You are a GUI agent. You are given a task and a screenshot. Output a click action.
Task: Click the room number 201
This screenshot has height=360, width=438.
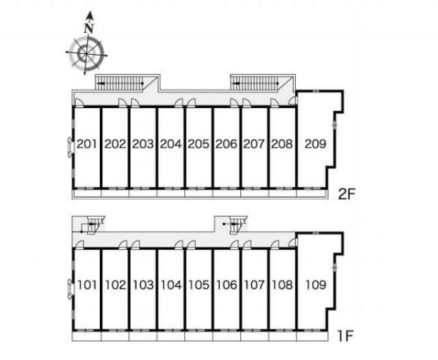coord(87,144)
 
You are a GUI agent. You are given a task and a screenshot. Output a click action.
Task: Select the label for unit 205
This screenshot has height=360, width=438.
coord(198,144)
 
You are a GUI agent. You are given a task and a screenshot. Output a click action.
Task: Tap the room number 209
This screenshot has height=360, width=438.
coord(315,144)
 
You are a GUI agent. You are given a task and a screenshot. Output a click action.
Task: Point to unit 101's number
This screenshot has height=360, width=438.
coord(87,285)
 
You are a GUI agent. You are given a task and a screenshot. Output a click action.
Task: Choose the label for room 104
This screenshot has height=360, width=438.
coord(171,285)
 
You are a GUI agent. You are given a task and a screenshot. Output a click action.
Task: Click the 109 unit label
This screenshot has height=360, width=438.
coord(316,285)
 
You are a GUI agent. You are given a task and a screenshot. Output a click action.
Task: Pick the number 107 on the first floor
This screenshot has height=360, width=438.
coord(254,285)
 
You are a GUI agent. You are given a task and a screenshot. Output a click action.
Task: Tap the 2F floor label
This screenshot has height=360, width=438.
coord(346,194)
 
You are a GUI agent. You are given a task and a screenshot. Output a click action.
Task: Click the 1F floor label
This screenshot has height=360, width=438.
coord(346,335)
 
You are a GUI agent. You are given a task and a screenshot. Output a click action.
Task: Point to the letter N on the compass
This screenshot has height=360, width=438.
coord(89,29)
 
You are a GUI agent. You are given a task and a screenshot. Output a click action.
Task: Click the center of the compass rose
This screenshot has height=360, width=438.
coord(86,53)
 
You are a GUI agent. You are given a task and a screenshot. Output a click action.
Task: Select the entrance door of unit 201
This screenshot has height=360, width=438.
coord(79,103)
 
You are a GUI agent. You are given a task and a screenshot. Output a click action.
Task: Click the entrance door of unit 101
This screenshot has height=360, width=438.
coord(79,244)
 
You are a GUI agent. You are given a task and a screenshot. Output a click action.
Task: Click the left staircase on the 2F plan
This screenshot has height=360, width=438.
coord(120,83)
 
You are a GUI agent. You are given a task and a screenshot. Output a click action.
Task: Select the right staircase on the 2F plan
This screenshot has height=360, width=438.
coord(255,83)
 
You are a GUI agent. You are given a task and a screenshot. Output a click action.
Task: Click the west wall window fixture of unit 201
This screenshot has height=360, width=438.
coord(70,146)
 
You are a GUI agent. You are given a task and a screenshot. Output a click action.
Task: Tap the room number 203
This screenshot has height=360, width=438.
coord(143,144)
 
